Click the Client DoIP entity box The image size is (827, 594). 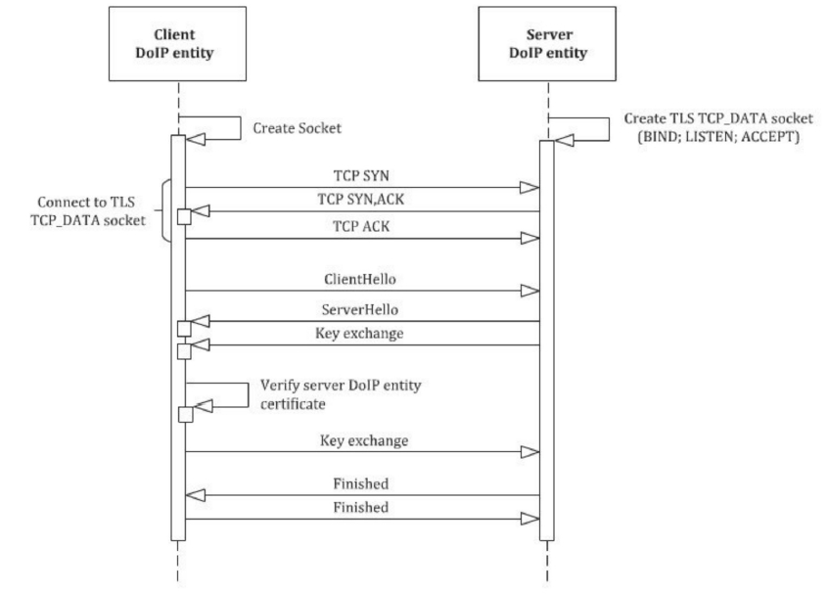[x=177, y=44]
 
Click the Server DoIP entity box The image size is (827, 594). [x=547, y=44]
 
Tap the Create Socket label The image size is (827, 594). [x=297, y=128]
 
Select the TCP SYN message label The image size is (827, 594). [x=361, y=176]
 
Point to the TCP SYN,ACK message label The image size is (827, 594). [x=361, y=200]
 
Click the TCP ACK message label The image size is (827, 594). [x=361, y=226]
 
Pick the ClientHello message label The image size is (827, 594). [x=360, y=279]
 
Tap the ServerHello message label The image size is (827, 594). [x=360, y=309]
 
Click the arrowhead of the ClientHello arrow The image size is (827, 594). [x=529, y=291]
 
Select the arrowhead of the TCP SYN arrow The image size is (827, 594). [x=529, y=187]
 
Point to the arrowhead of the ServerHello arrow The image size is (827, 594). [x=200, y=321]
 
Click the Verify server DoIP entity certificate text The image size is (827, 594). [x=341, y=394]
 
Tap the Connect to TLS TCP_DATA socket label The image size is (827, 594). [x=87, y=211]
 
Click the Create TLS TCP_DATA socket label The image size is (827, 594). [x=718, y=127]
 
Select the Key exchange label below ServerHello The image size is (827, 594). [x=359, y=334]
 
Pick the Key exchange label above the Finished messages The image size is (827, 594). [x=364, y=440]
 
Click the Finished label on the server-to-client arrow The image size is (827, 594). [x=361, y=483]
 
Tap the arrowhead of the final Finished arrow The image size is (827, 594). [x=529, y=519]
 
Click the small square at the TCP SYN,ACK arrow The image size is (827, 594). [x=184, y=217]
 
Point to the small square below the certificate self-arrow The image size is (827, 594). [x=186, y=415]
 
